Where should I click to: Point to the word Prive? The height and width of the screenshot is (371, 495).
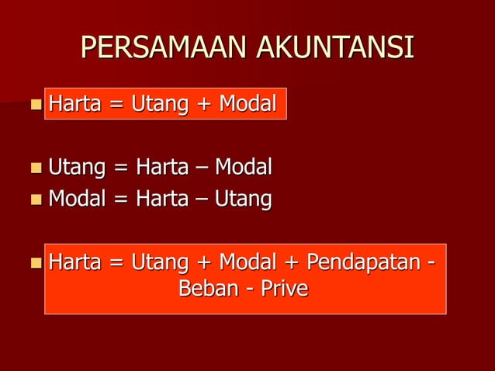click(283, 289)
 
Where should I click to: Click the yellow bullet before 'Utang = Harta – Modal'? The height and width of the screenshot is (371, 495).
click(36, 167)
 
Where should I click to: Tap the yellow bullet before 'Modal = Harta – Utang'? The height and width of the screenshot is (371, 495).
click(36, 200)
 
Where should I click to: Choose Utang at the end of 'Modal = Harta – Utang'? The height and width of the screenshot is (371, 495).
click(243, 199)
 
